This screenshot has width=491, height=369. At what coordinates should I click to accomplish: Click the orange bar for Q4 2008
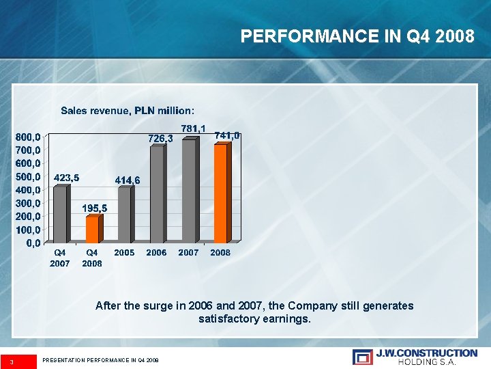click(92, 229)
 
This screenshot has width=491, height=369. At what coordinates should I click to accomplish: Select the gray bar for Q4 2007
click(60, 214)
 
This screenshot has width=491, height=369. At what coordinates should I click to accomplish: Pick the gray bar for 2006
click(157, 194)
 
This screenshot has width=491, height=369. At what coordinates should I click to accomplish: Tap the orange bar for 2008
click(220, 193)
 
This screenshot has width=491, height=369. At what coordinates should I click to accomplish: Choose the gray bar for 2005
click(124, 215)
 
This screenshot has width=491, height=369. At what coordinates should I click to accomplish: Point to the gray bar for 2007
click(189, 191)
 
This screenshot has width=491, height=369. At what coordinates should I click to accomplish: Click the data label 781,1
click(194, 128)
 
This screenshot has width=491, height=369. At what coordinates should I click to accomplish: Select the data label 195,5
click(95, 208)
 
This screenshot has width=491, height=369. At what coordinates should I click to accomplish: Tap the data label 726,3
click(161, 138)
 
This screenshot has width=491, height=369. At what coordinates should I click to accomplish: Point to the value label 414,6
click(128, 180)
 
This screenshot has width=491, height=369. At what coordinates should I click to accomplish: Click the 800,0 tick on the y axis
click(28, 137)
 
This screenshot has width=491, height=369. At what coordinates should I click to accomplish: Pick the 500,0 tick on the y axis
click(28, 176)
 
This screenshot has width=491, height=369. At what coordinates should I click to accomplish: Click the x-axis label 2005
click(124, 253)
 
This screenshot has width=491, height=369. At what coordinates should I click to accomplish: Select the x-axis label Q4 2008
click(92, 258)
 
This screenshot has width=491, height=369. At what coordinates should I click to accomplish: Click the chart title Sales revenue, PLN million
click(128, 110)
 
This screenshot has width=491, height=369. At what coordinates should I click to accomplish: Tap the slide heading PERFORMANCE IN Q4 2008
click(357, 36)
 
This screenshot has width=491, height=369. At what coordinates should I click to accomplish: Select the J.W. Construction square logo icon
click(363, 357)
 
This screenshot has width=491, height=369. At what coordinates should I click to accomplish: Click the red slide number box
click(18, 361)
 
